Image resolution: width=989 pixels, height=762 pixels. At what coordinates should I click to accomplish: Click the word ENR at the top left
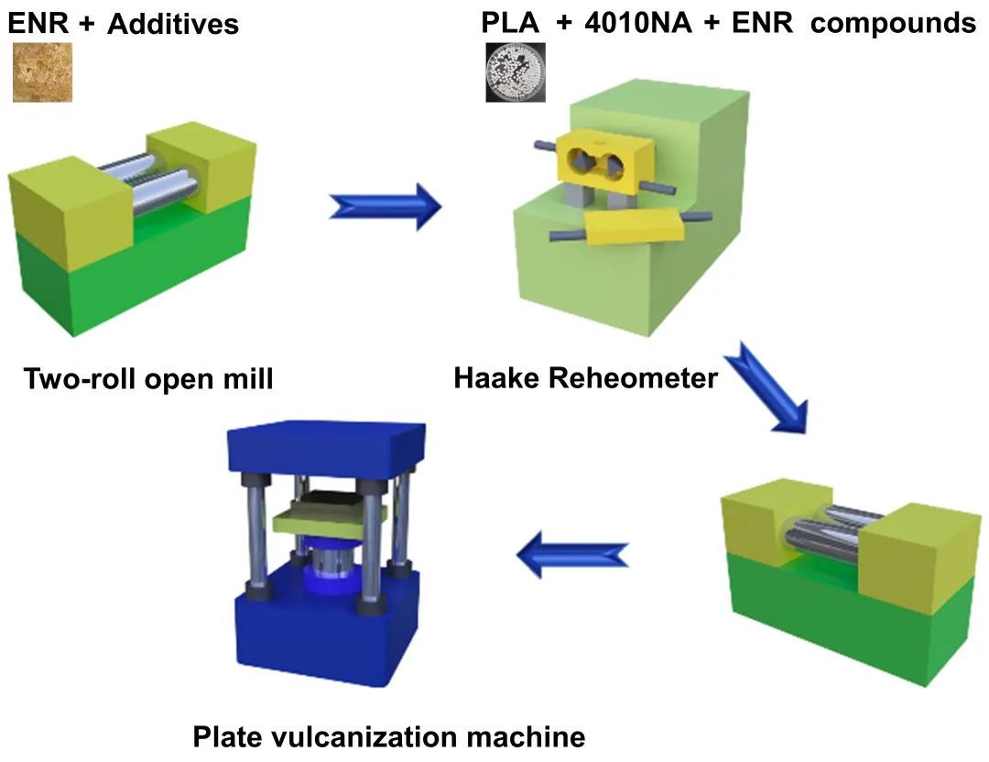click(x=38, y=23)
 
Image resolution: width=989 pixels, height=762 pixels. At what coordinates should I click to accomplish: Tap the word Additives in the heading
click(x=173, y=24)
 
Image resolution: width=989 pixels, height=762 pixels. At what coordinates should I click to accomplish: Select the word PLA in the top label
click(x=511, y=22)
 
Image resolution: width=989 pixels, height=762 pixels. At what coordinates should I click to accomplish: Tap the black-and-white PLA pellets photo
click(x=516, y=71)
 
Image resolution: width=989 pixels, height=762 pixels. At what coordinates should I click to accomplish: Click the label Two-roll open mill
click(x=148, y=377)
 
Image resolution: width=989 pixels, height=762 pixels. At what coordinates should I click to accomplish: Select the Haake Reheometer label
click(x=586, y=376)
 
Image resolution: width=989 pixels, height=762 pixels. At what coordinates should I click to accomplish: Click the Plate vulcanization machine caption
click(x=389, y=735)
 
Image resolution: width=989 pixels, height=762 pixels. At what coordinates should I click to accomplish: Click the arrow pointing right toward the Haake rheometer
click(x=385, y=206)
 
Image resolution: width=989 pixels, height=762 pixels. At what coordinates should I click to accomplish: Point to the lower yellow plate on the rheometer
click(x=632, y=227)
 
